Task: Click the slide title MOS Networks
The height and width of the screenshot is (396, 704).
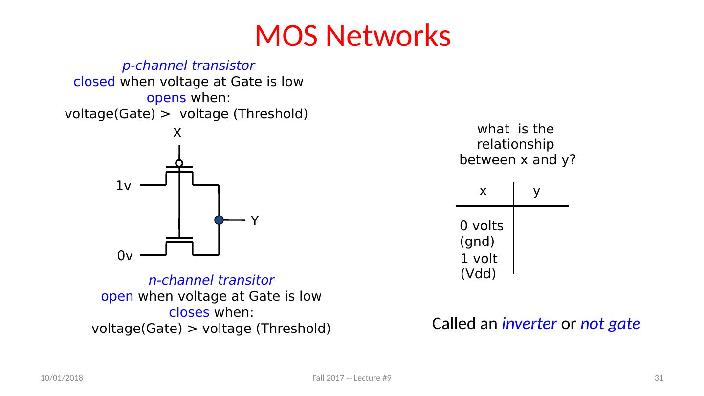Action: [x=352, y=35]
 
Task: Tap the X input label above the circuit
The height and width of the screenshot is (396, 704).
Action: [x=177, y=132]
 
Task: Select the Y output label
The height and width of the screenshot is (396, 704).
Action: [x=255, y=221]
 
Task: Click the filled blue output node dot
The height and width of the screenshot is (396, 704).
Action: [x=219, y=220]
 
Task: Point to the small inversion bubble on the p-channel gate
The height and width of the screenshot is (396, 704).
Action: [x=179, y=163]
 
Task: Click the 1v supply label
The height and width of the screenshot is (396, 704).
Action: [x=123, y=186]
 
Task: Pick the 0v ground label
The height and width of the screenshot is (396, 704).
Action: [x=125, y=256]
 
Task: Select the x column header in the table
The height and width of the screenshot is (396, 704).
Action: [x=483, y=192]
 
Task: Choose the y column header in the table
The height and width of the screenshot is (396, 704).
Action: [x=536, y=192]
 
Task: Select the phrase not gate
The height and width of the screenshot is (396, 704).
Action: [x=610, y=324]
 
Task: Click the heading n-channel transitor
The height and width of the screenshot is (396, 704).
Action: [x=211, y=281]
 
